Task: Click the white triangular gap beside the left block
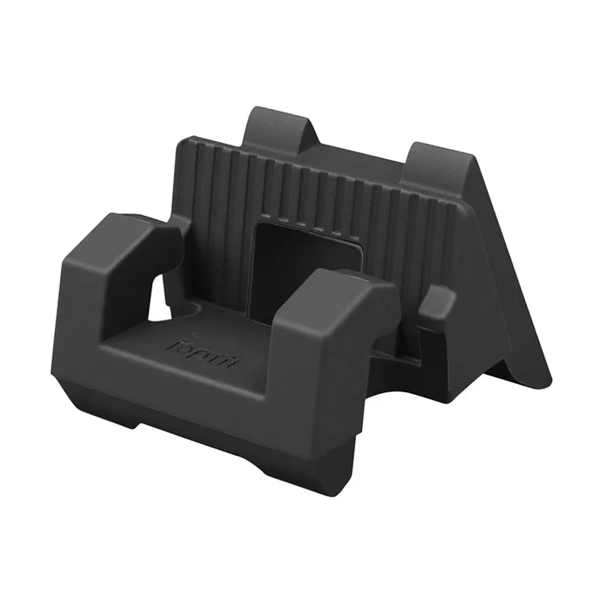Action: pyautogui.click(x=158, y=300)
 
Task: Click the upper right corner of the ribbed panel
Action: pyautogui.click(x=465, y=208)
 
